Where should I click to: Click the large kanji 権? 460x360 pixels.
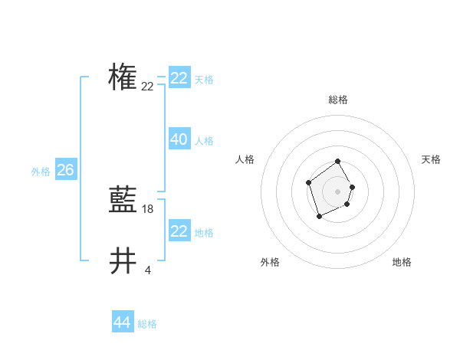123,77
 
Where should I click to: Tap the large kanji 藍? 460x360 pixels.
123,201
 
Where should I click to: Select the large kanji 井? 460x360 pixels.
123,261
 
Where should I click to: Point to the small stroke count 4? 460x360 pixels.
147,270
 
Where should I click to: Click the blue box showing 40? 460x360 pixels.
179,139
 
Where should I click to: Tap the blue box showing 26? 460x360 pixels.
65,170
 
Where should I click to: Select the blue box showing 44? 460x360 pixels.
123,322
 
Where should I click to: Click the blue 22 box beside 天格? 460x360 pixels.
179,78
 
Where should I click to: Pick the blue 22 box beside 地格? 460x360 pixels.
179,231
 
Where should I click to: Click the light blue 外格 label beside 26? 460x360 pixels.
41,172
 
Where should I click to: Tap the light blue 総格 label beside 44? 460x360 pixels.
147,324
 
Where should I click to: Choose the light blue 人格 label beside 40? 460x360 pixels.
204,141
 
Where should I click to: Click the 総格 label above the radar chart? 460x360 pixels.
338,100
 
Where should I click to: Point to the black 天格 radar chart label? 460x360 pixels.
431,159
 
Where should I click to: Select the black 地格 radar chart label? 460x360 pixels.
402,262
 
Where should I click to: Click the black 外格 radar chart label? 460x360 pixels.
270,262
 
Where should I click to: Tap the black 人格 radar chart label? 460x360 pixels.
245,159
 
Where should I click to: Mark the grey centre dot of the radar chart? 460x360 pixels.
338,191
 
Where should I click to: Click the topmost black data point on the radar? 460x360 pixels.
338,162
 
